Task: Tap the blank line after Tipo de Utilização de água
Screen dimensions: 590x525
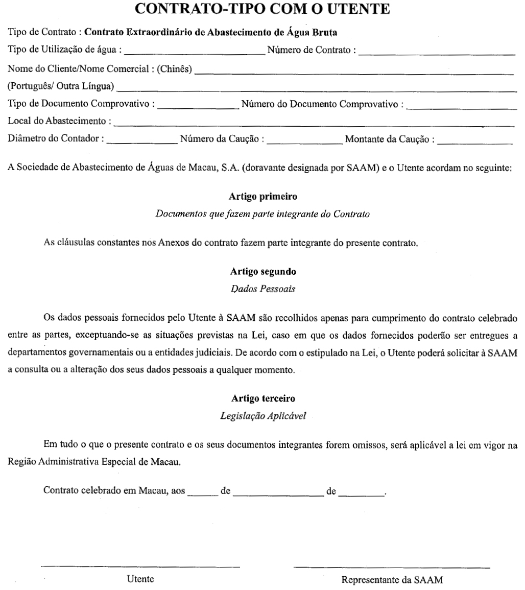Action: pyautogui.click(x=194, y=52)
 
